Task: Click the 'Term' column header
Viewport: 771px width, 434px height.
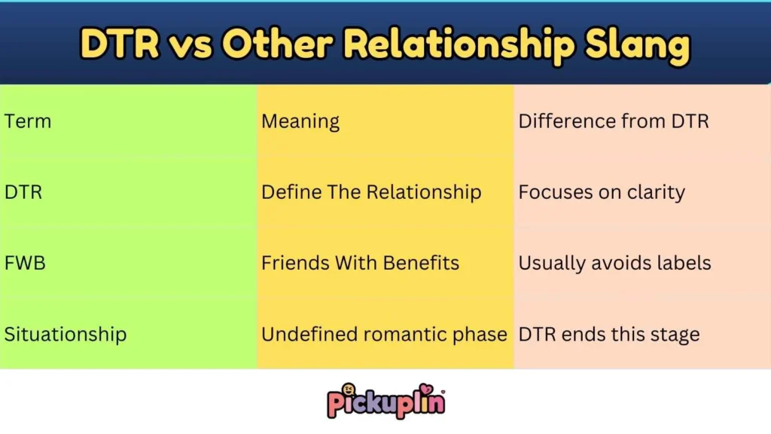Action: click(28, 121)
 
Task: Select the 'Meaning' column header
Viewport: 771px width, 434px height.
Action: click(300, 121)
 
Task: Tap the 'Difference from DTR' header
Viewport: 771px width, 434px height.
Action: click(614, 121)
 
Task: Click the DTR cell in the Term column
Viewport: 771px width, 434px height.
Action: click(23, 192)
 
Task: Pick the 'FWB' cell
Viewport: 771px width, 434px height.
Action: click(25, 264)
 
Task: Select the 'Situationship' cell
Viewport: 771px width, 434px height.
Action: click(66, 335)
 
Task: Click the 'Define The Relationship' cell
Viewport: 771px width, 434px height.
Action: click(371, 192)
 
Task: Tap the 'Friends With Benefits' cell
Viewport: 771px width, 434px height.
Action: click(360, 264)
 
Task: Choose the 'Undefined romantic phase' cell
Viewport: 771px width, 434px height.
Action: click(384, 335)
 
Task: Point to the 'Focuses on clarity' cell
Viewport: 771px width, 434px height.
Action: click(602, 192)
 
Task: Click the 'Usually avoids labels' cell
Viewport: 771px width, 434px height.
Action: click(614, 264)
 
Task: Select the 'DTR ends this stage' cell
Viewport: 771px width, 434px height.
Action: click(609, 335)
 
